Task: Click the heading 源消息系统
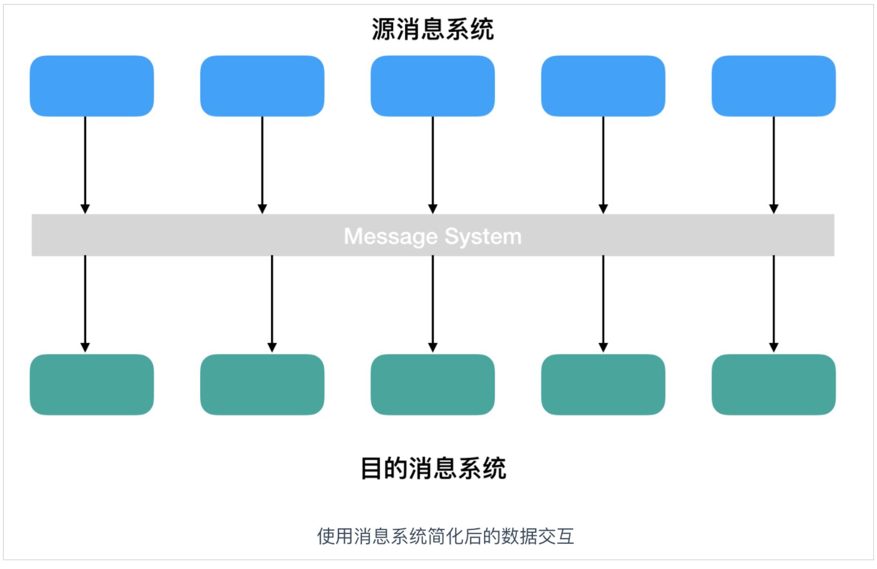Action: (433, 29)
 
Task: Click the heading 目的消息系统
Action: (433, 468)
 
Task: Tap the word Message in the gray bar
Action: (390, 237)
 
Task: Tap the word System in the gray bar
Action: (483, 237)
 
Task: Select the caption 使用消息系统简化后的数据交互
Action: (445, 536)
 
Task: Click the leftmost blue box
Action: (92, 86)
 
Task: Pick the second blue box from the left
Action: (262, 86)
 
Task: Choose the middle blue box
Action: (433, 86)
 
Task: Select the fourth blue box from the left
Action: (603, 86)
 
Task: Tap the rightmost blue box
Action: (773, 86)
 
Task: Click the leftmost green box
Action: (92, 385)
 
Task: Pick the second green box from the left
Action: (262, 385)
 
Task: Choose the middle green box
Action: (433, 385)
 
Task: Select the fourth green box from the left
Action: (603, 385)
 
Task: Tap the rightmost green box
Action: (773, 385)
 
